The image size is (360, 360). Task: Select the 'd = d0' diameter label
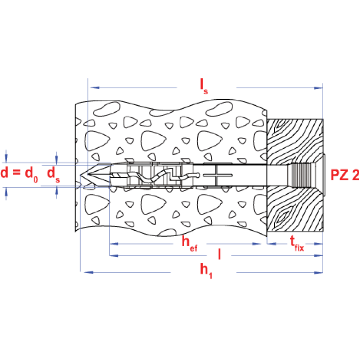[19, 174]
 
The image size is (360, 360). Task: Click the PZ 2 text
[345, 175]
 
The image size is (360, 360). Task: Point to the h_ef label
[189, 243]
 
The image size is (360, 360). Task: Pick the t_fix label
[297, 243]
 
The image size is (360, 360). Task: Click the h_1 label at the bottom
[206, 270]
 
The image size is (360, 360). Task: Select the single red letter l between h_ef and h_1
[219, 255]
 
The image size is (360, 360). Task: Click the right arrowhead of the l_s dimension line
[318, 87]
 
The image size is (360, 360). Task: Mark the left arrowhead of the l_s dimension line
[93, 87]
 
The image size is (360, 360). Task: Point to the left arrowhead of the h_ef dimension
[114, 244]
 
